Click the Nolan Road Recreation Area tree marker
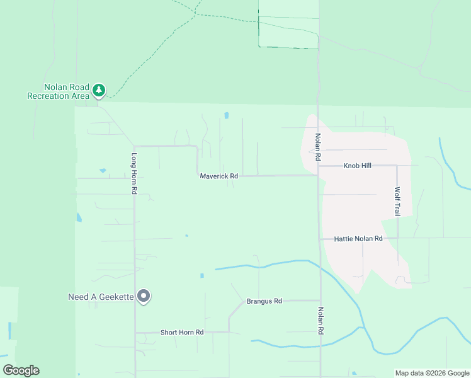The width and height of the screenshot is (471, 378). tap(99, 91)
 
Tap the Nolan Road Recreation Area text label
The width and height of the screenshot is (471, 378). tap(58, 91)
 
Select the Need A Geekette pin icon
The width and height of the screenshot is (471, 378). tap(144, 296)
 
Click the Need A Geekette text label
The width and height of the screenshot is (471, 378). tap(101, 297)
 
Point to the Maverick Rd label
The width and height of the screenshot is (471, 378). tap(218, 176)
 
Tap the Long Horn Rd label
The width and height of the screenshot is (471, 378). tap(134, 173)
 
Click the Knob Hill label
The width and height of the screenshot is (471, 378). tap(358, 166)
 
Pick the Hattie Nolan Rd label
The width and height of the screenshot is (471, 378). tap(358, 239)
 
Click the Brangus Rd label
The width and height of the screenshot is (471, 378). tap(264, 301)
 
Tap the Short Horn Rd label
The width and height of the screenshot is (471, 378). tap(182, 332)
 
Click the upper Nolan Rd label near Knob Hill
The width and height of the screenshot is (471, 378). tap(319, 147)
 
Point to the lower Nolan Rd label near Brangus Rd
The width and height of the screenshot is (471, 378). tap(321, 321)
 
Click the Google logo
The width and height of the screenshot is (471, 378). tap(21, 370)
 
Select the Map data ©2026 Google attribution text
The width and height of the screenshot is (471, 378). tap(432, 373)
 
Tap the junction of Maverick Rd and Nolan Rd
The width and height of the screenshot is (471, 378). tap(318, 176)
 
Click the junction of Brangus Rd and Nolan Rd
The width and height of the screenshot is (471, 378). tap(320, 301)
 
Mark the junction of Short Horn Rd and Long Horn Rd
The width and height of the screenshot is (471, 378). tap(135, 332)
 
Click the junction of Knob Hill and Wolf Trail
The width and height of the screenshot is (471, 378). tap(397, 166)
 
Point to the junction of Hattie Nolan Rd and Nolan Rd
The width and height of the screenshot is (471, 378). tap(319, 239)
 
